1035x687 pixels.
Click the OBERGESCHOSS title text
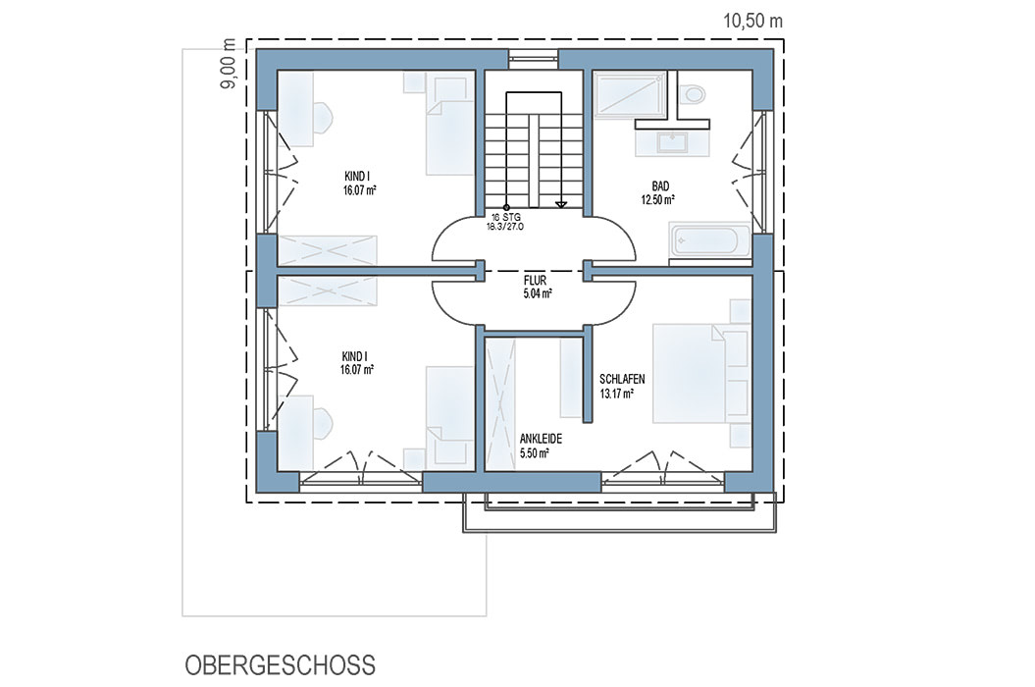click(x=280, y=665)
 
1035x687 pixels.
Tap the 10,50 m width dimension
click(x=753, y=22)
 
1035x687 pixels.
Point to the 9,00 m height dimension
click(x=229, y=64)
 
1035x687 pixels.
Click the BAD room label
click(x=659, y=186)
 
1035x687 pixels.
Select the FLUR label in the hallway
click(x=535, y=281)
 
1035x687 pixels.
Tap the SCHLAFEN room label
click(x=622, y=380)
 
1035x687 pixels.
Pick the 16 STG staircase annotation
click(x=505, y=217)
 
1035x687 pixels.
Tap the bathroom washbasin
click(x=671, y=142)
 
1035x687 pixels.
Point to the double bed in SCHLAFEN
click(x=690, y=373)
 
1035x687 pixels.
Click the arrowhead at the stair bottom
click(x=561, y=205)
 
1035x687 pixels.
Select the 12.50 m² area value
click(x=658, y=199)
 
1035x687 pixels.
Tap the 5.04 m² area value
click(x=538, y=294)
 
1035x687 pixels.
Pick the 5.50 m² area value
click(x=535, y=453)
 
